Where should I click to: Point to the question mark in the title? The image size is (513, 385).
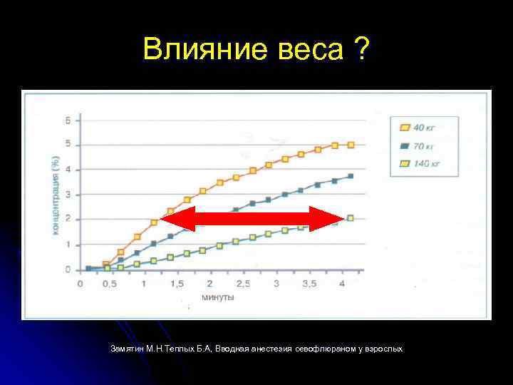(361, 51)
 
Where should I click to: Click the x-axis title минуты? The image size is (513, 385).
(218, 297)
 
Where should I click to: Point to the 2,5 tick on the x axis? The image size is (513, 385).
(242, 284)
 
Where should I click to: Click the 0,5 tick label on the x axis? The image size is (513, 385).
(108, 284)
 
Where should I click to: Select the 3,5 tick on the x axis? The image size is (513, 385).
(310, 284)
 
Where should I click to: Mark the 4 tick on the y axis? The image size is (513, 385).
(68, 169)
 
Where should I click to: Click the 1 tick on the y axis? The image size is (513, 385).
(68, 245)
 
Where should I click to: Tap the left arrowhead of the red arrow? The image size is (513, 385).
(177, 218)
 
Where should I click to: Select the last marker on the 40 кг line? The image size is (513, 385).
(351, 145)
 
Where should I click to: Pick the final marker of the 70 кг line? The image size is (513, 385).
(350, 176)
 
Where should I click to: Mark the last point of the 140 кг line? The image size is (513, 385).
(350, 218)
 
